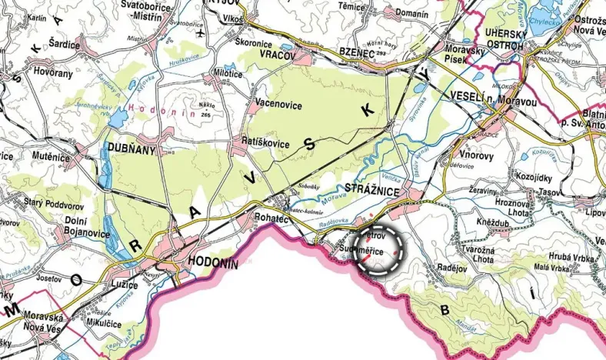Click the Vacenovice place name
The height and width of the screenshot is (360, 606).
[277, 105]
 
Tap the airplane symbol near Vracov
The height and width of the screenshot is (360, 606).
[201, 35]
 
